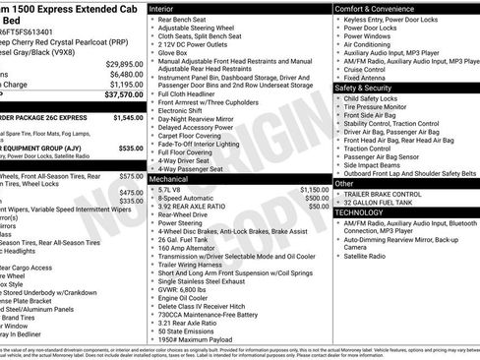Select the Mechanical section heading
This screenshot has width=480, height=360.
[x=170, y=181]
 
